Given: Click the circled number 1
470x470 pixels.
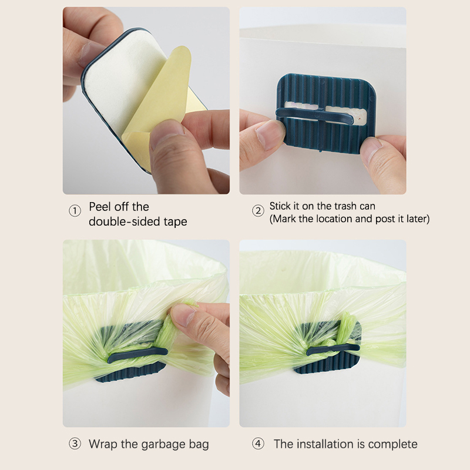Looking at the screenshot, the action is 75,211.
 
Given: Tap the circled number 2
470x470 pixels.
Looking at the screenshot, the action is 258,211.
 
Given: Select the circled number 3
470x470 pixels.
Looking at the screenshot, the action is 75,444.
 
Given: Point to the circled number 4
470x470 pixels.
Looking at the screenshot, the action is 258,444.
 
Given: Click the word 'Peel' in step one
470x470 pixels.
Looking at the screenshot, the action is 102,207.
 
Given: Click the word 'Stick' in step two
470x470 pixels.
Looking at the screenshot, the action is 280,206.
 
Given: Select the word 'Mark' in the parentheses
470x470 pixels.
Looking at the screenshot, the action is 285,219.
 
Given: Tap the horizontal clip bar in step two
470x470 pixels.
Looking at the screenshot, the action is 315,116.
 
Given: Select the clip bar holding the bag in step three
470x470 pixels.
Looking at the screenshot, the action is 137,355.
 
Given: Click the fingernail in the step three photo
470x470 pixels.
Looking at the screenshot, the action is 183,315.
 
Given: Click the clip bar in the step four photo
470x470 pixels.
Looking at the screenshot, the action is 333,350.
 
